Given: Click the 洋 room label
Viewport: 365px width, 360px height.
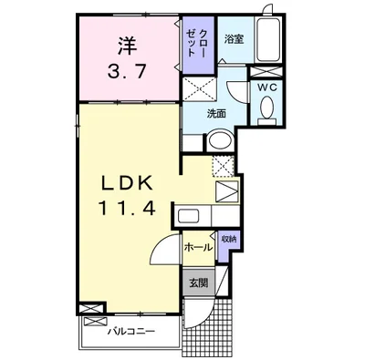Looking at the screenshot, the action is pos(127,46).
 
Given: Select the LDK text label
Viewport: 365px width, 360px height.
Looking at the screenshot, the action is pos(127,184).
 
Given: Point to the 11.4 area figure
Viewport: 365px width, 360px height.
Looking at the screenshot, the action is pos(127,209).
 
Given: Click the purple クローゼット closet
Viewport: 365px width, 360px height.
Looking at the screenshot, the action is pos(198,45).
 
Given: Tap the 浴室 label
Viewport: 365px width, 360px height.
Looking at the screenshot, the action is pos(234,39).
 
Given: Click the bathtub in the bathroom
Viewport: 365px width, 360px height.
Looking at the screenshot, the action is pos(268,39).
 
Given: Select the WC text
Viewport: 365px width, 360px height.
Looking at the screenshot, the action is pos(267,87).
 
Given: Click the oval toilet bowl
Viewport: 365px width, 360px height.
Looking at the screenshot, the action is pos(267,107).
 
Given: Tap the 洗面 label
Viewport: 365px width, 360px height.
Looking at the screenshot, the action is pos(216,114).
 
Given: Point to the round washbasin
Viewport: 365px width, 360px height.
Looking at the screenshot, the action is pos(220,140).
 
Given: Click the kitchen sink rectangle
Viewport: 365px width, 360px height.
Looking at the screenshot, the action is pos(188,216).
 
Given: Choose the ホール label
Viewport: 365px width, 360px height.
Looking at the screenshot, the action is pos(198,248).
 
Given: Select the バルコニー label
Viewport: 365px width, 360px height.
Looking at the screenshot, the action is pos(131,331).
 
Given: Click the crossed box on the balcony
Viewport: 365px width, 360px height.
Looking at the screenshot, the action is pos(95,322).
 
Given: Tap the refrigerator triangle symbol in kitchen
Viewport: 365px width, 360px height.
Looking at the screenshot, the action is pos(226,191).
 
